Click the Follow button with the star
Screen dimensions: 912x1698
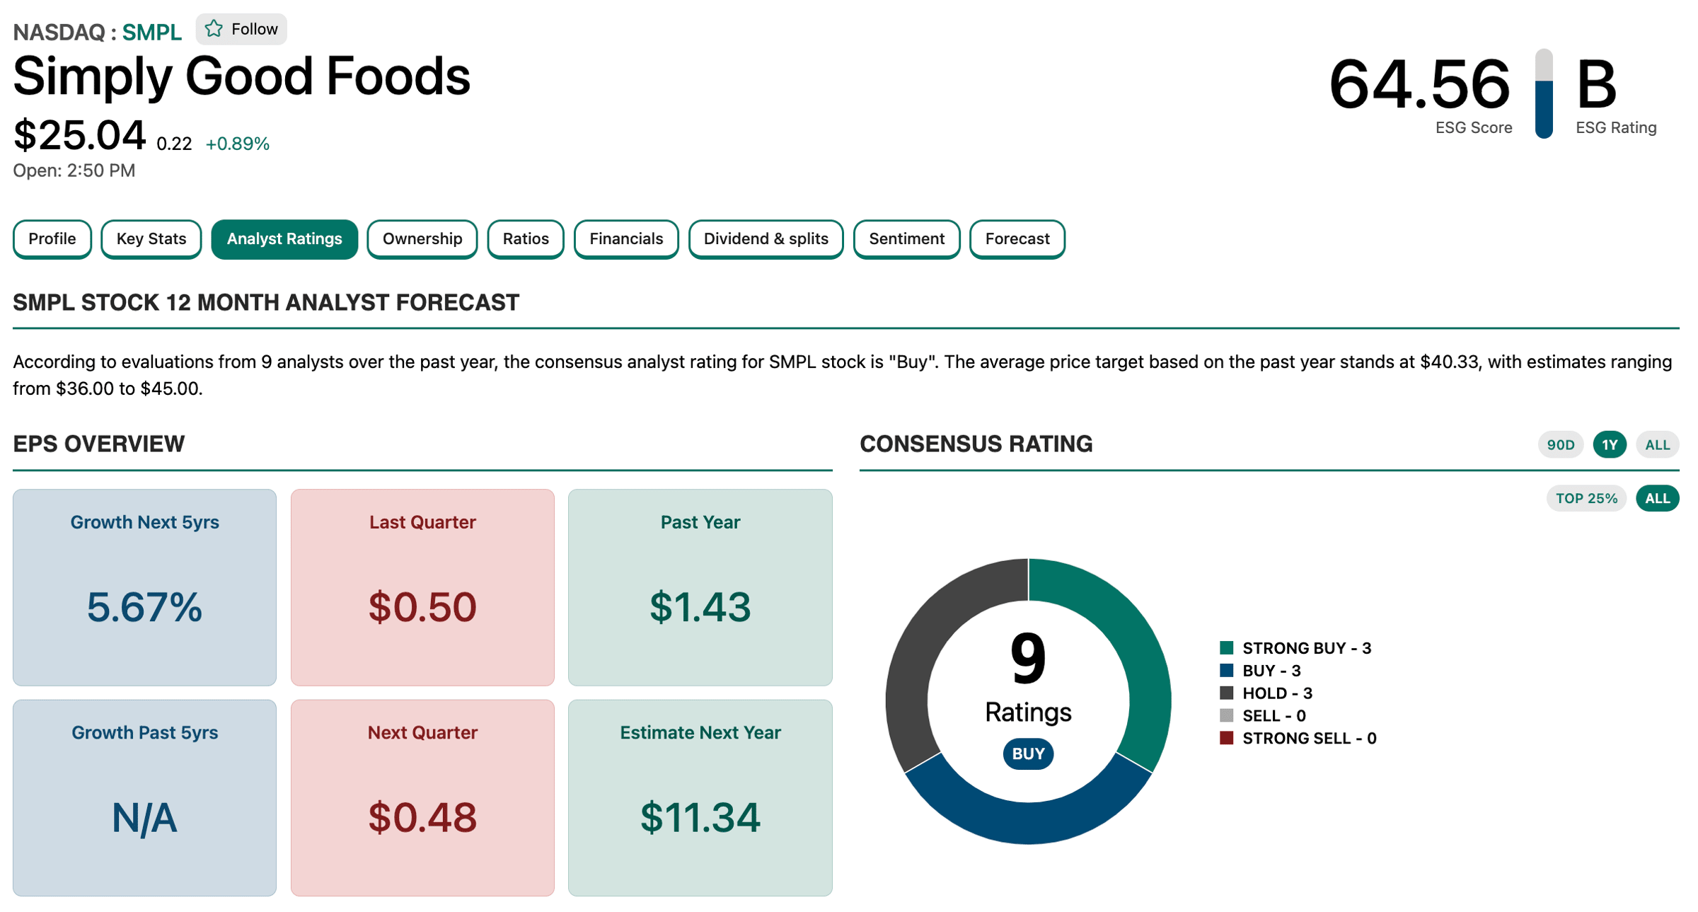[x=241, y=29]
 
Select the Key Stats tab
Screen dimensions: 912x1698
[x=151, y=239]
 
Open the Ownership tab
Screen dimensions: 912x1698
[x=422, y=239]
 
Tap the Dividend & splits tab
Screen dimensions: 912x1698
[x=766, y=239]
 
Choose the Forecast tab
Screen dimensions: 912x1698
[x=1017, y=239]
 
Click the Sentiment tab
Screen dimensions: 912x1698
[x=906, y=239]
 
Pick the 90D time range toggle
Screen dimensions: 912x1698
[x=1560, y=445]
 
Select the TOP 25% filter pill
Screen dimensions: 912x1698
[x=1586, y=498]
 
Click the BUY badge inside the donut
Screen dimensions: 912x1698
[x=1028, y=754]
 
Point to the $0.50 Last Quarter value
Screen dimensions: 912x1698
[x=422, y=607]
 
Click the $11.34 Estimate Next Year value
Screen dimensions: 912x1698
[x=700, y=817]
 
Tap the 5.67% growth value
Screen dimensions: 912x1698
[x=144, y=607]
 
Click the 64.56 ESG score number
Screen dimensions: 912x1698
[x=1419, y=85]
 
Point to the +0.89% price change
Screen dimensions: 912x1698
[x=237, y=144]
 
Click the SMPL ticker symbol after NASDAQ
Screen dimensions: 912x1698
[x=151, y=33]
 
